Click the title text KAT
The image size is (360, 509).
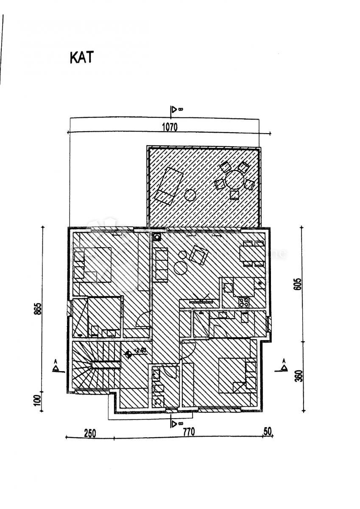pos(81,58)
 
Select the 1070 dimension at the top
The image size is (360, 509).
pos(169,126)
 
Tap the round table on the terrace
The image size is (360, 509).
pos(234,179)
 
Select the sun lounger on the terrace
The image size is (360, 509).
pos(168,185)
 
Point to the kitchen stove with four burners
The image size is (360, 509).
pos(244,302)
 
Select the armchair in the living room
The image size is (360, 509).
pos(198,254)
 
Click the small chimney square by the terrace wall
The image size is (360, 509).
pos(157,238)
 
